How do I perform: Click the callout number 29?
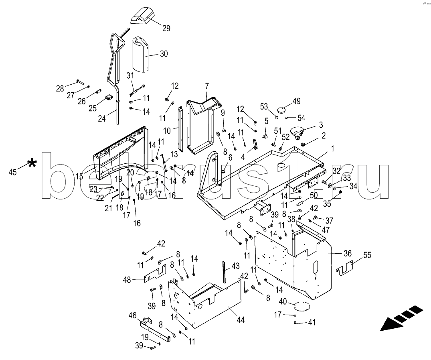(x=166, y=28)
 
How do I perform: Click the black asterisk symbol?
(x=32, y=163)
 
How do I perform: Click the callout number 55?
(x=367, y=255)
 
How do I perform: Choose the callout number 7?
(x=207, y=85)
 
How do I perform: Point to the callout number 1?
(x=332, y=148)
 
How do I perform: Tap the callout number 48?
(x=127, y=280)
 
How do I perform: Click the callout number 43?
(x=235, y=265)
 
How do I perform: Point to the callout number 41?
(x=311, y=322)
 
